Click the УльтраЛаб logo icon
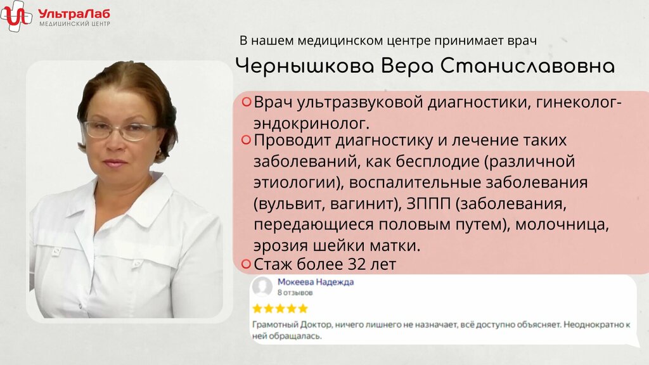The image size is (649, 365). click(x=16, y=16)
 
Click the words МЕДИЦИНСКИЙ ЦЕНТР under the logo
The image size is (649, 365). click(x=75, y=24)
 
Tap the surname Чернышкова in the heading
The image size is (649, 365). click(x=305, y=66)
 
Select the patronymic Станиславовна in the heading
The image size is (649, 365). click(x=527, y=66)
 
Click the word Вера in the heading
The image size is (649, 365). click(x=407, y=67)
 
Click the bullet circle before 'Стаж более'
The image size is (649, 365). click(x=246, y=264)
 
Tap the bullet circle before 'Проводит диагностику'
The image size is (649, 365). click(x=246, y=140)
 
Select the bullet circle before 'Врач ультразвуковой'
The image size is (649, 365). click(x=246, y=102)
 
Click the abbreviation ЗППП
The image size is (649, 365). click(x=428, y=203)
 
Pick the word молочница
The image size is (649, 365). click(x=562, y=225)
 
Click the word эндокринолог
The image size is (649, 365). click(x=311, y=124)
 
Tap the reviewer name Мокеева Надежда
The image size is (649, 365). click(x=316, y=282)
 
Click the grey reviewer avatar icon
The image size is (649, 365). click(x=262, y=286)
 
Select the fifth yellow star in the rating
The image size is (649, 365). click(x=303, y=309)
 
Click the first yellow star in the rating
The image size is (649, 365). click(x=257, y=309)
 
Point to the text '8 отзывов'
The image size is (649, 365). click(x=295, y=293)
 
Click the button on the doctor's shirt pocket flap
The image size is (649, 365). click(x=138, y=263)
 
